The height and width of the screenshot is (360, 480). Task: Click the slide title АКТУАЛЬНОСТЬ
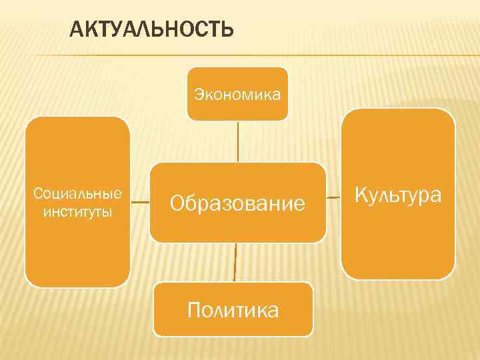point(152,29)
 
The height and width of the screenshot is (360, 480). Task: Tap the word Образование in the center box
point(237,203)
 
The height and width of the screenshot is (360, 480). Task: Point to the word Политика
point(233,310)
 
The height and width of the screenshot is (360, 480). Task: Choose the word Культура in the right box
point(398,195)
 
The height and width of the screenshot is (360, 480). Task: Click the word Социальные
point(77,194)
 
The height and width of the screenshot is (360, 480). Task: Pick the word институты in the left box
point(77,212)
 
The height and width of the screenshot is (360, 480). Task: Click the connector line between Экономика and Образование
point(238,141)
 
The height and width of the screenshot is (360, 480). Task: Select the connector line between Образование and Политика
point(235,262)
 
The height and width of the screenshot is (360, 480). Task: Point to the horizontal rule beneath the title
point(267,55)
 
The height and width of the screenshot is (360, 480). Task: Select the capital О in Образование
point(177,203)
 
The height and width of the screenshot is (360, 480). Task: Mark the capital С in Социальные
point(37,194)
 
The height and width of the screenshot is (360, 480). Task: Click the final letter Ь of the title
point(227,29)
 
